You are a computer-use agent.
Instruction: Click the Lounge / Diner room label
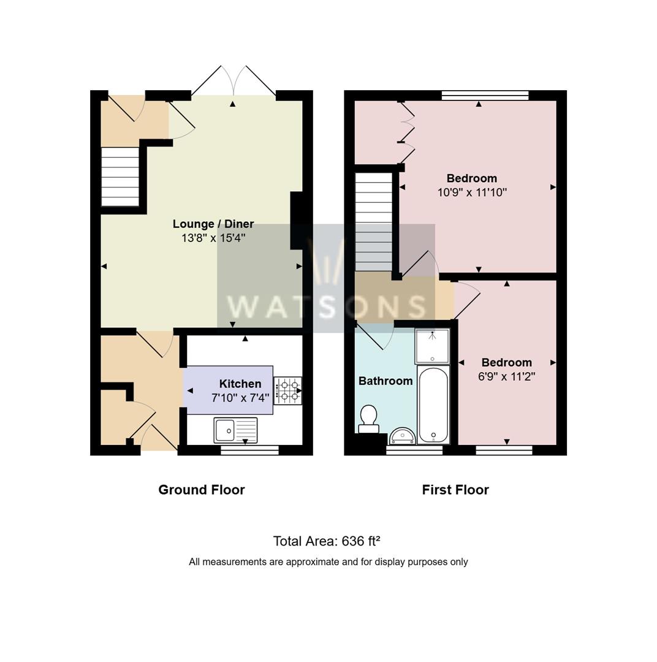pyautogui.click(x=213, y=224)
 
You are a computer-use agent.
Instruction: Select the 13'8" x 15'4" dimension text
pyautogui.click(x=213, y=238)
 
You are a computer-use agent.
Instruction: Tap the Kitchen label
pyautogui.click(x=240, y=384)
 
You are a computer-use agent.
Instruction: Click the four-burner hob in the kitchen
pyautogui.click(x=287, y=390)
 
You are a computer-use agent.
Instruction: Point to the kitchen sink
pyautogui.click(x=235, y=430)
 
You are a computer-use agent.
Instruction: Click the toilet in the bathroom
pyautogui.click(x=368, y=419)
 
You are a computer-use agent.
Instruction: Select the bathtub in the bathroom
pyautogui.click(x=433, y=405)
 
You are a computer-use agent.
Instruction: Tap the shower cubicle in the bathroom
pyautogui.click(x=432, y=346)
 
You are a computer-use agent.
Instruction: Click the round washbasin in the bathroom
pyautogui.click(x=403, y=436)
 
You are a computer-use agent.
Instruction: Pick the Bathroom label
pyautogui.click(x=385, y=381)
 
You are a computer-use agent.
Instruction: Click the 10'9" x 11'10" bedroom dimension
pyautogui.click(x=472, y=192)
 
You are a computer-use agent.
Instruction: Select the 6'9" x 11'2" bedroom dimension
pyautogui.click(x=507, y=376)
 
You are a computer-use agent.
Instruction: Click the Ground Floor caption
pyautogui.click(x=202, y=490)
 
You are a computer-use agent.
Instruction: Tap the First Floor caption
pyautogui.click(x=455, y=490)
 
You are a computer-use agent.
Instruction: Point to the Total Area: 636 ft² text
pyautogui.click(x=327, y=541)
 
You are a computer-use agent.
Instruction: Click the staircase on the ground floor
pyautogui.click(x=120, y=177)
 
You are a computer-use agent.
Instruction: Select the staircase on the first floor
pyautogui.click(x=374, y=222)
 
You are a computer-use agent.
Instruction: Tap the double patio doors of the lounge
pyautogui.click(x=233, y=81)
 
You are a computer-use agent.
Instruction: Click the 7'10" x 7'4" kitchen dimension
pyautogui.click(x=240, y=398)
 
